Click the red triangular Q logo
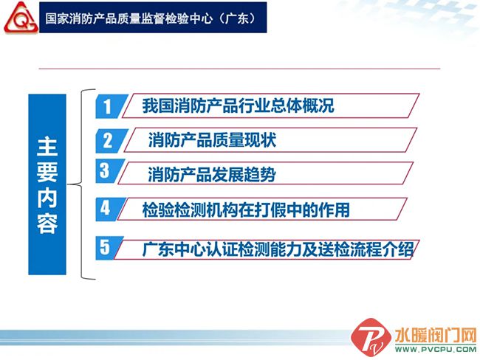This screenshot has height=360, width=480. (21, 18)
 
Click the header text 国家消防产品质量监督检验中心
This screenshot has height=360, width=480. (129, 18)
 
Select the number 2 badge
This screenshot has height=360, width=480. (110, 141)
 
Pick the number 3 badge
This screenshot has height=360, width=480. (109, 171)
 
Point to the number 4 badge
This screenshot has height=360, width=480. (109, 209)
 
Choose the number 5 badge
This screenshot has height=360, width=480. (108, 248)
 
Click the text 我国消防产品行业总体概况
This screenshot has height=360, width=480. (238, 105)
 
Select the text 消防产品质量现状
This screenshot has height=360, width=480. (212, 140)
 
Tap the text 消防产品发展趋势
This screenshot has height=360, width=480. (212, 174)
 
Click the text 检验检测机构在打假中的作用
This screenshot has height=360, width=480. (246, 210)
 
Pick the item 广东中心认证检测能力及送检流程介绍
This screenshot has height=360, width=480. (278, 249)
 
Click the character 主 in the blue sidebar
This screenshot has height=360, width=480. (47, 147)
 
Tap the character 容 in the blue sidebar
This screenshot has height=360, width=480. (47, 224)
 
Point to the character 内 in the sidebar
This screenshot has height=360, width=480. (47, 198)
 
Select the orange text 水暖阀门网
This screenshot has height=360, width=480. (436, 336)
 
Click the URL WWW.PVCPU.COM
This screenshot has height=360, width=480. (436, 349)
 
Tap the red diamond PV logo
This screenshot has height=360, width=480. (371, 338)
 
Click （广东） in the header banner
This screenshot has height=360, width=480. (241, 18)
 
